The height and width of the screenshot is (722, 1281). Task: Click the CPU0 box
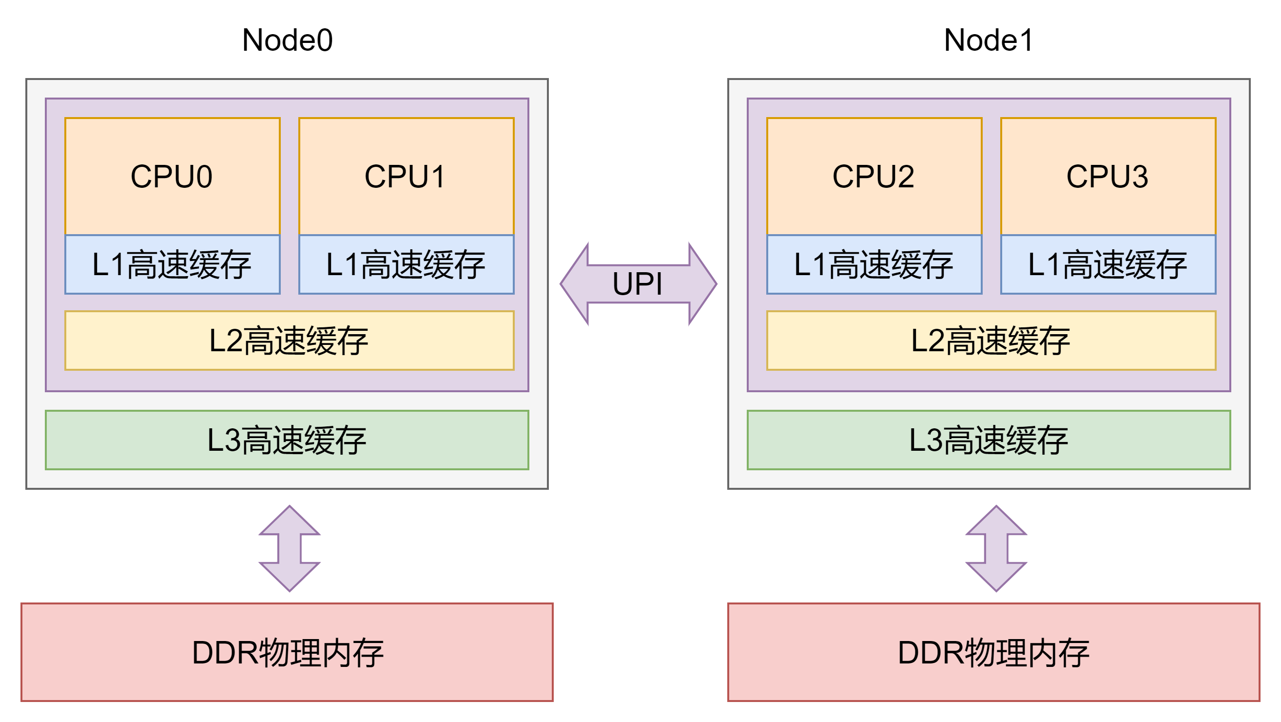172,177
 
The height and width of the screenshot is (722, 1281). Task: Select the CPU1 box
406,177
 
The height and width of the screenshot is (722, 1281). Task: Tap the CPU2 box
873,177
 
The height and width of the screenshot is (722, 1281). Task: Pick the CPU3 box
1107,177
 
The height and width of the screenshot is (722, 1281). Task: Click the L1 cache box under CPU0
172,265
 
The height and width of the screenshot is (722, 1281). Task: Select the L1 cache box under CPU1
406,265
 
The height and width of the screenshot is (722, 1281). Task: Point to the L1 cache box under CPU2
873,265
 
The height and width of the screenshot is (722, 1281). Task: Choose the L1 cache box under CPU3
1107,265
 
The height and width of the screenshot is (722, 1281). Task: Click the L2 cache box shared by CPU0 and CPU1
289,341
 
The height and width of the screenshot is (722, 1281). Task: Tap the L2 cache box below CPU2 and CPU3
990,341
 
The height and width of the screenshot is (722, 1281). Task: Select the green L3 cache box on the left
287,441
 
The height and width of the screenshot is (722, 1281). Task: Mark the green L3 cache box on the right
988,441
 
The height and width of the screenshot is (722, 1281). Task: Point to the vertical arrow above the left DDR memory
290,549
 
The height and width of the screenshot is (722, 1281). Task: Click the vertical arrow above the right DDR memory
996,549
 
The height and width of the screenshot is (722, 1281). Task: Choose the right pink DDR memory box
993,652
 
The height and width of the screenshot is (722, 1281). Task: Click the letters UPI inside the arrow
637,284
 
